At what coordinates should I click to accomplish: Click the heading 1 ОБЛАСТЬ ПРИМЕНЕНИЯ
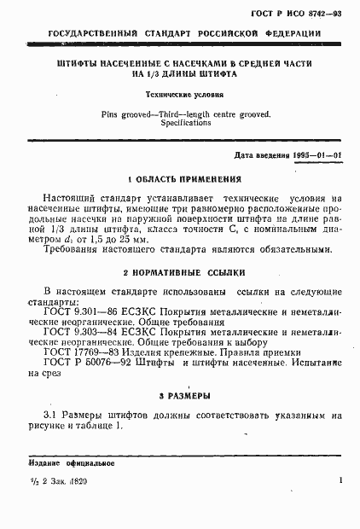coord(183,180)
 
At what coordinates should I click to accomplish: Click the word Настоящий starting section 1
coord(73,197)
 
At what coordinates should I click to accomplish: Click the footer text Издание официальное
coord(64,463)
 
